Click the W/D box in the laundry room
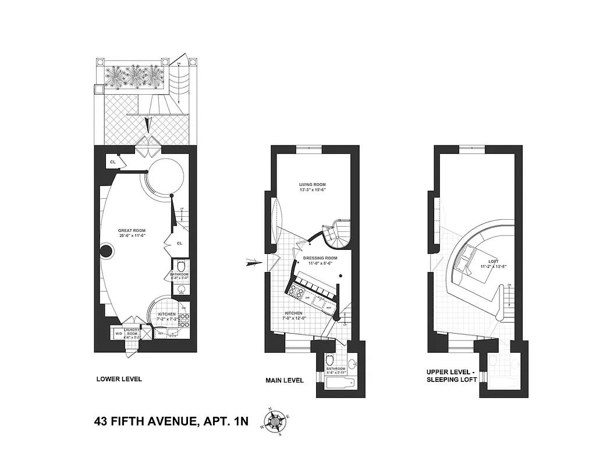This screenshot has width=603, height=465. pos(118,334)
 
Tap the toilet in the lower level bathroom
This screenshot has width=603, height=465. pos(181,266)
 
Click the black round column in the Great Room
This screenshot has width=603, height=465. pos(106,252)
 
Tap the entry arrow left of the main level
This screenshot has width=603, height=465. pos(255,263)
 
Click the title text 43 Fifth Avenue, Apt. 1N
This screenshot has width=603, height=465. pos(171,421)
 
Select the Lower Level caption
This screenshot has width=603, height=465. pos(119,380)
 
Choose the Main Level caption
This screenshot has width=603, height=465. pos(285,381)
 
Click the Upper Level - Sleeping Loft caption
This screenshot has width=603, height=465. pos(452,375)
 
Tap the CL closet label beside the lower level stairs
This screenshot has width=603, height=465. pos(180,244)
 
